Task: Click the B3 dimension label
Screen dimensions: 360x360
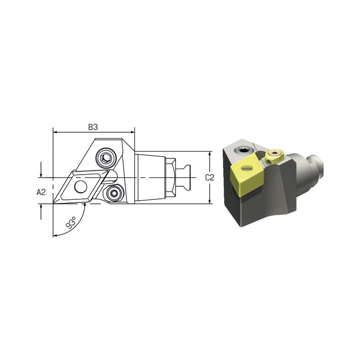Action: click(93, 127)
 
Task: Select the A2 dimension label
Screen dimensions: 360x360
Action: click(41, 192)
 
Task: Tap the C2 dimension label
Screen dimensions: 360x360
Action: click(209, 177)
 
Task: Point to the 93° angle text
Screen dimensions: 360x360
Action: click(71, 222)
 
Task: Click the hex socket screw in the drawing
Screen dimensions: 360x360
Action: click(106, 158)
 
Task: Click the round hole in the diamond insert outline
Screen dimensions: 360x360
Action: click(81, 187)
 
